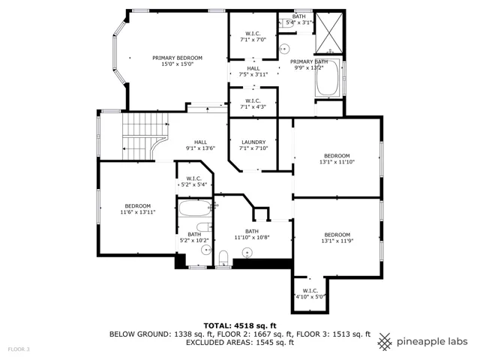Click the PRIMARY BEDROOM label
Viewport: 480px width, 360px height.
click(x=177, y=58)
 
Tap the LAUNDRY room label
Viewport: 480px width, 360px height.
click(x=253, y=142)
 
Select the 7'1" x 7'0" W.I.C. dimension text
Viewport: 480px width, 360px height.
click(x=253, y=40)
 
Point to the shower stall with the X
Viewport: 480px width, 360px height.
click(x=329, y=33)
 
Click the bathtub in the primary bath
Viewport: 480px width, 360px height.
click(x=328, y=78)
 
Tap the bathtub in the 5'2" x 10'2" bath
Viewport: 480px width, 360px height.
click(x=195, y=208)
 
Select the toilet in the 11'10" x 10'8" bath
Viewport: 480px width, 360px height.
click(x=223, y=258)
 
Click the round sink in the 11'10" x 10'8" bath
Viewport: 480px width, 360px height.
click(x=247, y=253)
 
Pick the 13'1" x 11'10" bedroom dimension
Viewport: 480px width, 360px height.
click(x=337, y=162)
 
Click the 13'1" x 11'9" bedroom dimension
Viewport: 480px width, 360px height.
click(x=337, y=241)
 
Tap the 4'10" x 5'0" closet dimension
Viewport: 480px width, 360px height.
click(x=310, y=297)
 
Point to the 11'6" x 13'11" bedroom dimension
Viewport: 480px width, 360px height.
click(x=138, y=211)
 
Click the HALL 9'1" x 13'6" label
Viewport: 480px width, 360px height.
click(x=200, y=145)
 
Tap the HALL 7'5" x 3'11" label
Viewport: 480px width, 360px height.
click(x=253, y=71)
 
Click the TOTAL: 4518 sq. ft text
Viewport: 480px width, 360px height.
click(x=240, y=325)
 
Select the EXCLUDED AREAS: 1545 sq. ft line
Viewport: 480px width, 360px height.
click(x=240, y=342)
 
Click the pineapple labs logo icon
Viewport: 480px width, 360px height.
click(x=385, y=342)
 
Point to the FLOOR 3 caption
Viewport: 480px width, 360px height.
click(x=19, y=349)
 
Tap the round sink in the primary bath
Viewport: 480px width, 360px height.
click(x=284, y=49)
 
